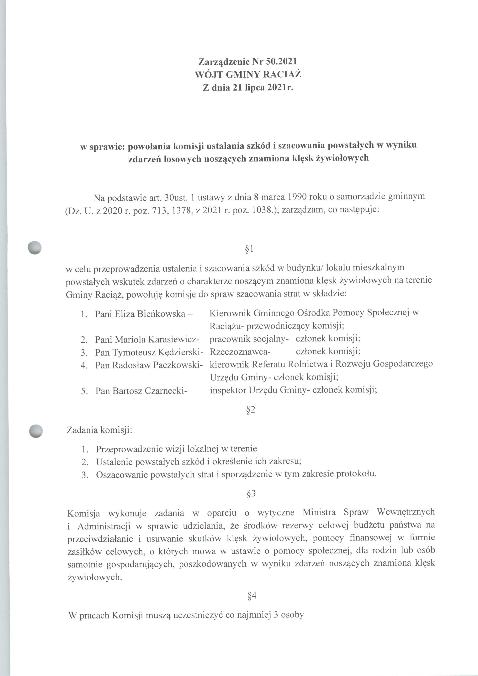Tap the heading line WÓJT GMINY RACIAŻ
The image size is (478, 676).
[248, 74]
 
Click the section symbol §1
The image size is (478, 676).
[249, 249]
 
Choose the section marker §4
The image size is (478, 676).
[252, 596]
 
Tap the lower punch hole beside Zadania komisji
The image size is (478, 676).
[36, 431]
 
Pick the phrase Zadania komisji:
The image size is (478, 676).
[99, 430]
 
